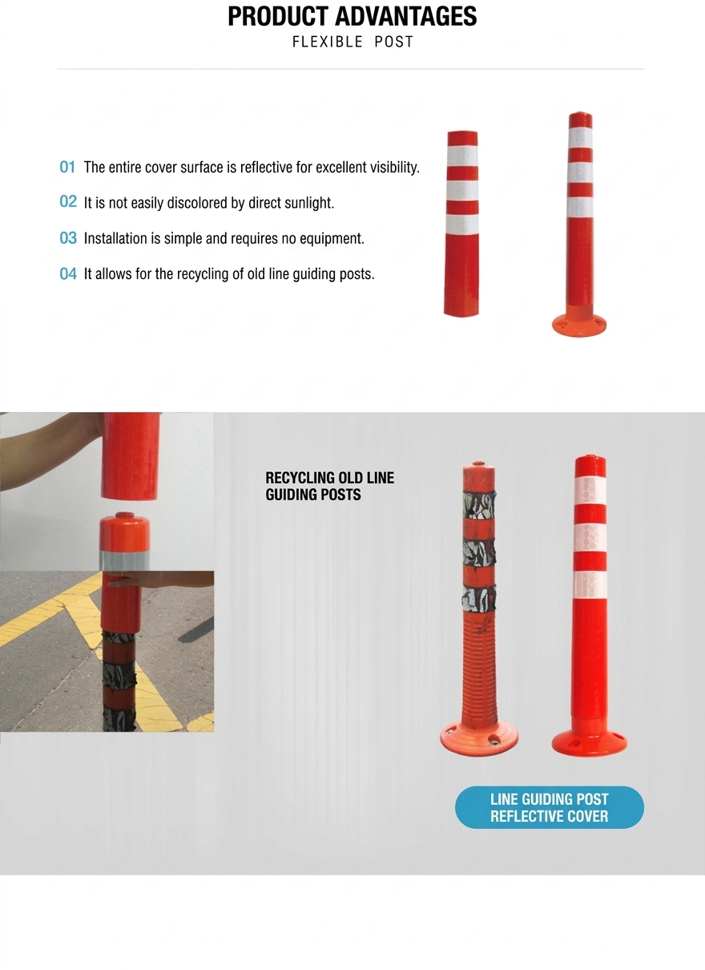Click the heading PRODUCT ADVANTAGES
[x=352, y=17]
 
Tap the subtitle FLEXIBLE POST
[x=352, y=42]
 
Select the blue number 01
[x=67, y=167]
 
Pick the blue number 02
[x=68, y=202]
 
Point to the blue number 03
[x=68, y=238]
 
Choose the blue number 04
[x=68, y=273]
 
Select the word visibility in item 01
[x=394, y=168]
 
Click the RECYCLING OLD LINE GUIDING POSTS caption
[x=330, y=487]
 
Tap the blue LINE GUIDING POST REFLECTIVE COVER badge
[x=550, y=807]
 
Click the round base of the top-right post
[x=579, y=324]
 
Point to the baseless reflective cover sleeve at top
[x=462, y=224]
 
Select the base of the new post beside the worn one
[x=589, y=742]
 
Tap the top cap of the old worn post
[x=478, y=471]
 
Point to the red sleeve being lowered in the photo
[x=131, y=456]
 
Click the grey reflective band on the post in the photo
[x=125, y=560]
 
